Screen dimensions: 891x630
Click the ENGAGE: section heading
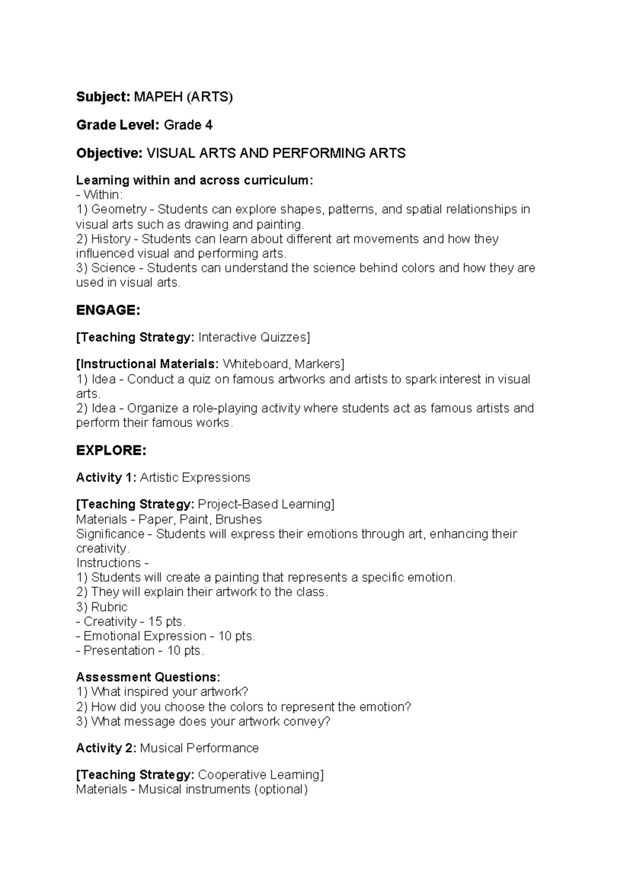pyautogui.click(x=108, y=310)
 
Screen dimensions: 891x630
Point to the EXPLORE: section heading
pyautogui.click(x=111, y=451)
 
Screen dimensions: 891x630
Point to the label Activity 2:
pyautogui.click(x=106, y=748)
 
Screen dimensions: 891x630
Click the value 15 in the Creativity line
pyautogui.click(x=155, y=621)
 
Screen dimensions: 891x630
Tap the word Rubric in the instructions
pyautogui.click(x=109, y=607)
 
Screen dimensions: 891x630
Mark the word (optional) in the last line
pyautogui.click(x=281, y=790)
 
